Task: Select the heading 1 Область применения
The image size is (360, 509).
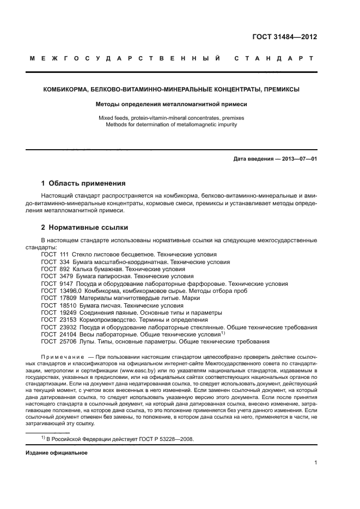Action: pos(83,183)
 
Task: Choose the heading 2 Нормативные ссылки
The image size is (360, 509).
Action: pos(85,227)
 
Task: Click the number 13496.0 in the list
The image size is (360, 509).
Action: pos(68,291)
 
